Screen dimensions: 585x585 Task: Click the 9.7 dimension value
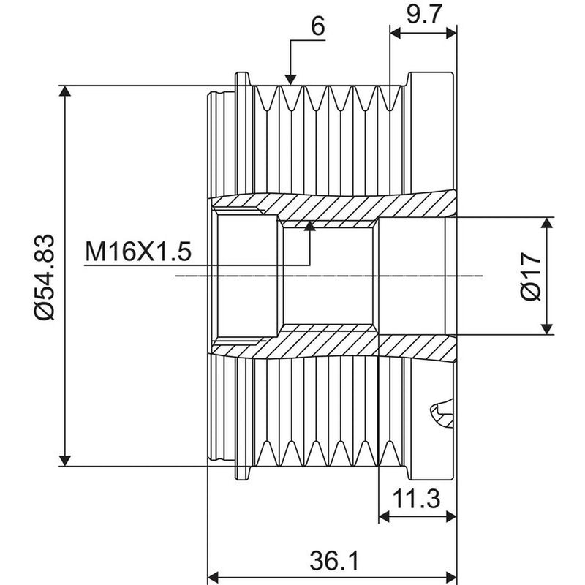424,15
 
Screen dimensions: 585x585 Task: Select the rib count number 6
318,26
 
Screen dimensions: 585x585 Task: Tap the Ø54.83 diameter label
45,277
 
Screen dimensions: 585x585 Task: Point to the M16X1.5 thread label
138,251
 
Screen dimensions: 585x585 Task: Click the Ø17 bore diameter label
530,276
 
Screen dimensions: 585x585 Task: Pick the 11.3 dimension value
416,499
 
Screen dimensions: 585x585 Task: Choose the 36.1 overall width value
334,560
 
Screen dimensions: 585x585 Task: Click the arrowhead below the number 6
290,80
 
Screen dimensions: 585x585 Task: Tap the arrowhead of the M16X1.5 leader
309,226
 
